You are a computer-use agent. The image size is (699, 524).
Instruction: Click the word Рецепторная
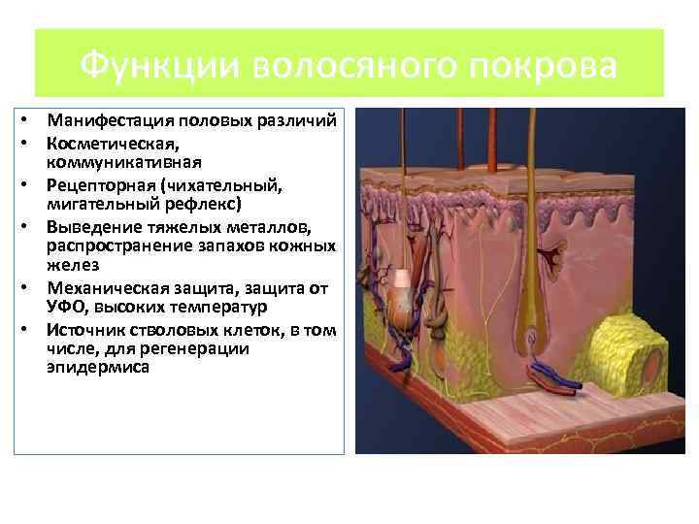[x=97, y=183]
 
